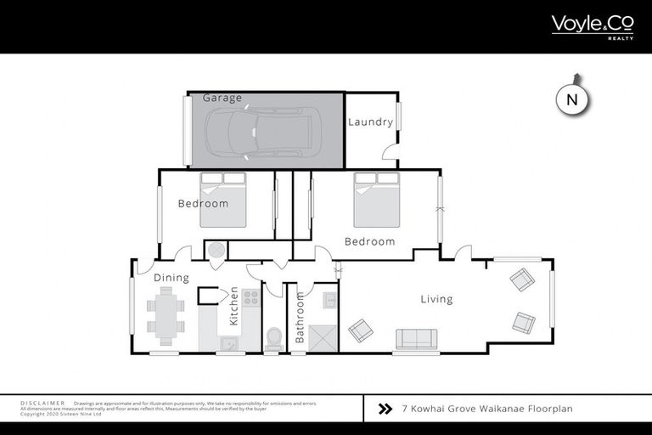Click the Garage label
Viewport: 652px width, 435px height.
(222, 99)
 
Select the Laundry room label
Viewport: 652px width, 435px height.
(370, 122)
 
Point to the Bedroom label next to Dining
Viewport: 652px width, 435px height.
(203, 204)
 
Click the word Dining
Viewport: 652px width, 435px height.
(171, 278)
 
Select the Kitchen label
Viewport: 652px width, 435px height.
(233, 311)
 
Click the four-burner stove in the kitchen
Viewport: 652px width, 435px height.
(250, 297)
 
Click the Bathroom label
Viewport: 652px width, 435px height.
(300, 322)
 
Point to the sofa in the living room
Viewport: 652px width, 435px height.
(416, 339)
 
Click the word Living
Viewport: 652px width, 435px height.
(436, 299)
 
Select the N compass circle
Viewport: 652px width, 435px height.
(572, 99)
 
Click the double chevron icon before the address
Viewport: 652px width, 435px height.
(385, 409)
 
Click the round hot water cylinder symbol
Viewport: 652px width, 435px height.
(216, 251)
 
